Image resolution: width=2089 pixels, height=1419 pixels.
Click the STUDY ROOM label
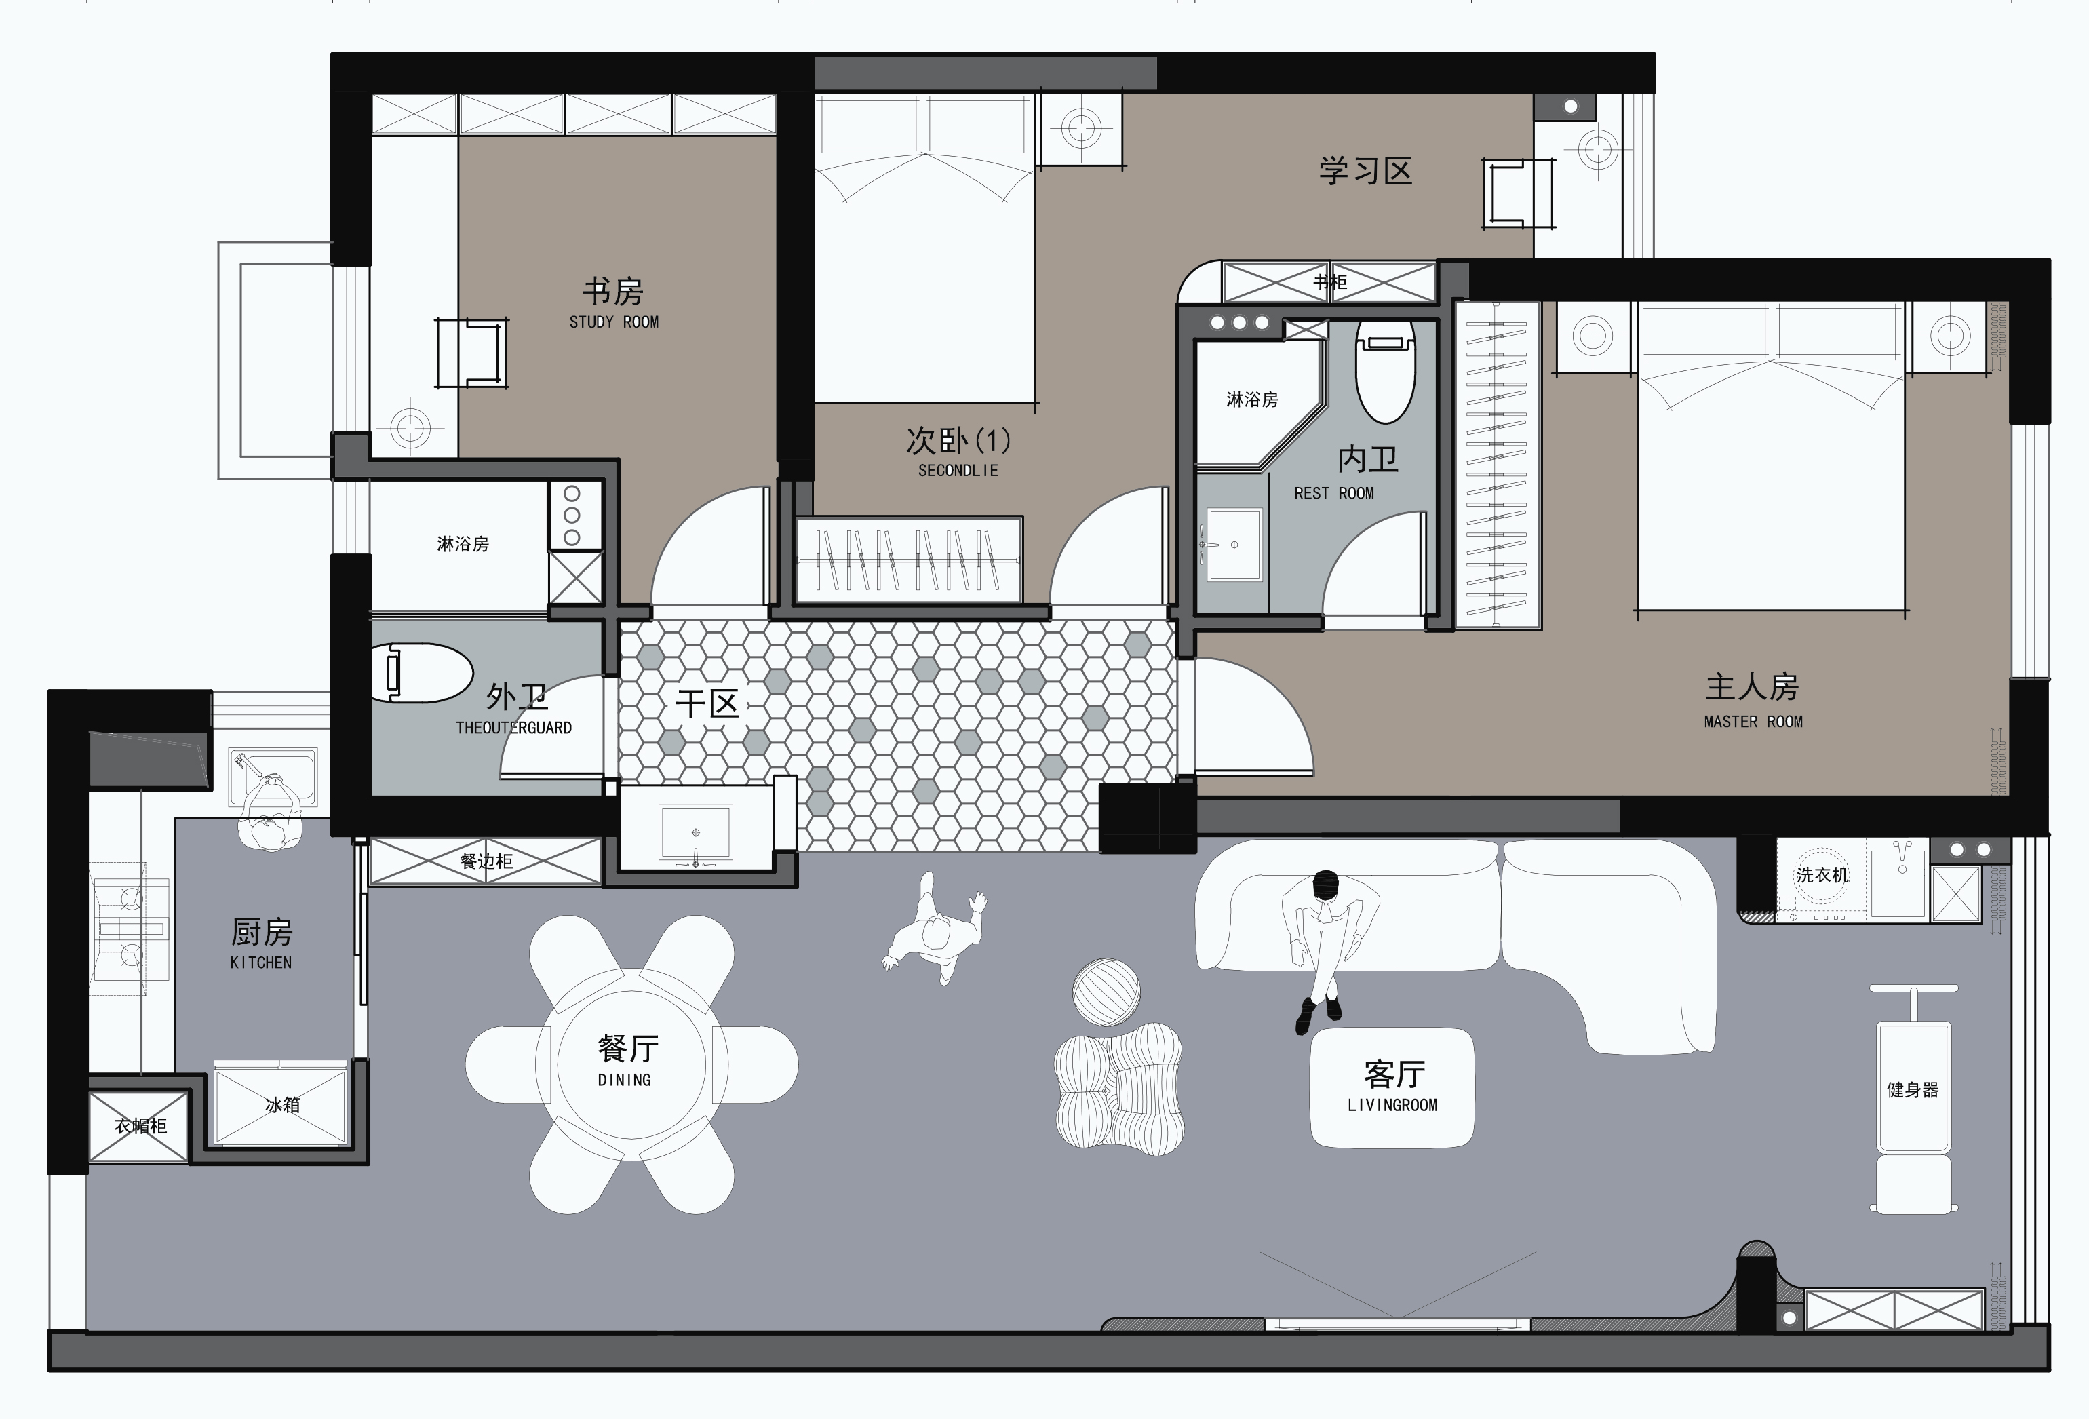[x=614, y=322]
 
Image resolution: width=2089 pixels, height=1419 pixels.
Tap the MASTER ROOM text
[x=1753, y=722]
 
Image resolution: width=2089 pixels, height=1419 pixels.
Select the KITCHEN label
[x=260, y=963]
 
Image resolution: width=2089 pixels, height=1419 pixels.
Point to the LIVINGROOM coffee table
[x=1392, y=1087]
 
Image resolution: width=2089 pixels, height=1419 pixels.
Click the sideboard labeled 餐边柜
[x=486, y=861]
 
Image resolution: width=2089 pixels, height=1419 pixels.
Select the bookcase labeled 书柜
[x=1329, y=282]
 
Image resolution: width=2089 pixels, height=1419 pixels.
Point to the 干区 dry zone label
[x=707, y=703]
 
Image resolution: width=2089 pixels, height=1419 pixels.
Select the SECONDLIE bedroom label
[x=958, y=470]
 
